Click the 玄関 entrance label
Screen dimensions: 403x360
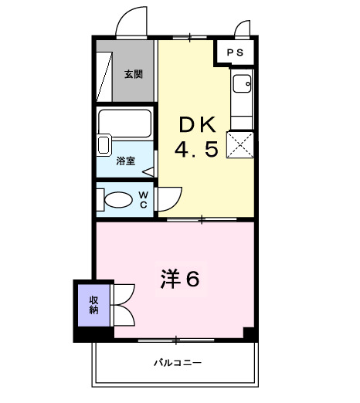[133, 75]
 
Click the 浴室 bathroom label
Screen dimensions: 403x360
[125, 161]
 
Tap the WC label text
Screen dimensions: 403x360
[144, 199]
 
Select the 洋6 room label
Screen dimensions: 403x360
[180, 278]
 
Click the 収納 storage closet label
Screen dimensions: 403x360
[93, 305]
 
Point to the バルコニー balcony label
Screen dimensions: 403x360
[177, 362]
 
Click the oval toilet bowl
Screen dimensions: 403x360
[118, 201]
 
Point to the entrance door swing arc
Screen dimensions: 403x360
[129, 21]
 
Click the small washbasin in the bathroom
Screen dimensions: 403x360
[105, 144]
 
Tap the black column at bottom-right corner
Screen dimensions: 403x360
[249, 334]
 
